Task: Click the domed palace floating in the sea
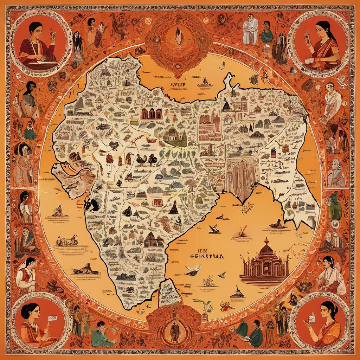pyautogui.click(x=264, y=262)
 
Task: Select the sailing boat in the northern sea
pyautogui.click(x=203, y=83)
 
